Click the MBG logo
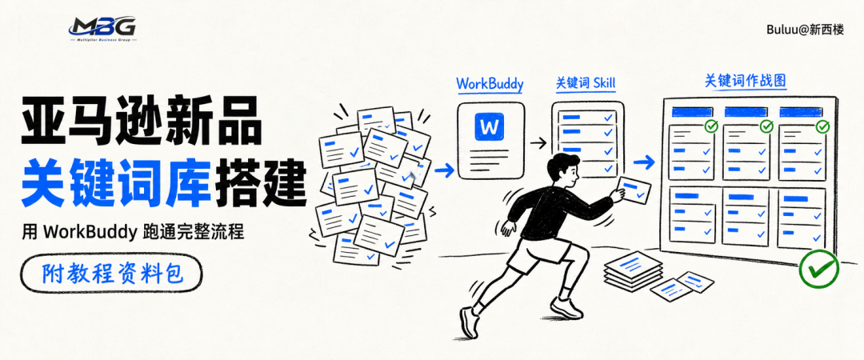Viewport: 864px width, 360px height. (x=103, y=30)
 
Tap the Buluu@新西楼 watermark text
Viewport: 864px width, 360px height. (x=805, y=30)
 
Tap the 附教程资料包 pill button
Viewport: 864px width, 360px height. (x=111, y=273)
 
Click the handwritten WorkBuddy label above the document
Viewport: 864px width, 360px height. (x=490, y=84)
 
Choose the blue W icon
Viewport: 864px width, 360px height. (x=489, y=126)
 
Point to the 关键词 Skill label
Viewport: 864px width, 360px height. (x=585, y=83)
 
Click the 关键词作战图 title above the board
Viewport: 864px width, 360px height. (x=746, y=81)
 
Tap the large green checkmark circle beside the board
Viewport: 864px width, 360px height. (x=819, y=269)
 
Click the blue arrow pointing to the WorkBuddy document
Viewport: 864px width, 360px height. (x=444, y=170)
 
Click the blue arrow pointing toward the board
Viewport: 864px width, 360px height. (x=643, y=162)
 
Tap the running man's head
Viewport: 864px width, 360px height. (x=562, y=171)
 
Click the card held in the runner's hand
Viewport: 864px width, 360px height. (x=634, y=190)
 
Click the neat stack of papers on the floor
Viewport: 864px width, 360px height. (x=633, y=270)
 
